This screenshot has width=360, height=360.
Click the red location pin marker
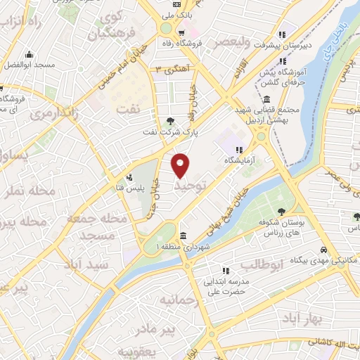(181, 165)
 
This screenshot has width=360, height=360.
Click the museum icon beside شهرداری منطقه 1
(183, 236)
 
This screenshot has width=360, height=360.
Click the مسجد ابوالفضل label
(29, 65)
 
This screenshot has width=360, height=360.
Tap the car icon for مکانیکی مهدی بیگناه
(323, 250)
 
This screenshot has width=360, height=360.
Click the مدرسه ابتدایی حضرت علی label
(226, 282)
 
